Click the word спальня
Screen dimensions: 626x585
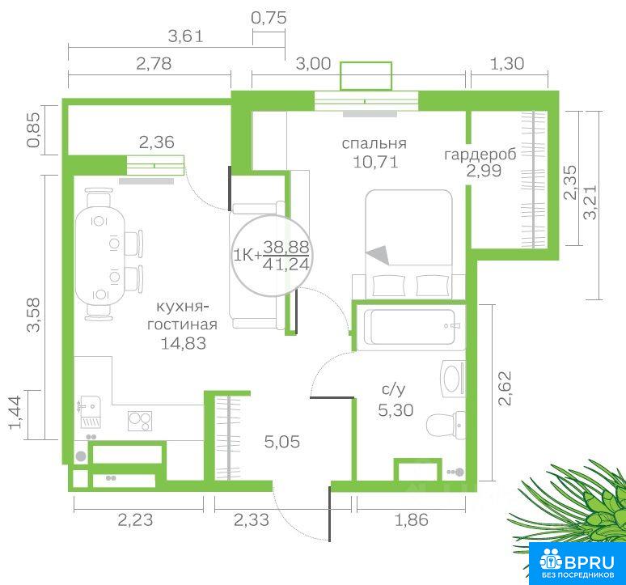point(374,144)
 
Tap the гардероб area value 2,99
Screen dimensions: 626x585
point(484,171)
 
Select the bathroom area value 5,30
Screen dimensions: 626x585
point(395,410)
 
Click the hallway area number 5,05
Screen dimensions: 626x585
point(281,442)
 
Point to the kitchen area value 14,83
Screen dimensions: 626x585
point(184,343)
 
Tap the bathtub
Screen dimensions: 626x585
point(411,327)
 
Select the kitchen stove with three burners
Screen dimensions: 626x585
point(140,421)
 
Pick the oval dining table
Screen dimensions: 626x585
point(99,256)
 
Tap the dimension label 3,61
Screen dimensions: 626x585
point(186,36)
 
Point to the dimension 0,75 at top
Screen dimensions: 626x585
point(269,18)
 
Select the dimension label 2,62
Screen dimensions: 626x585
point(505,388)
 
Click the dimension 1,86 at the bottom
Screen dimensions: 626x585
point(411,520)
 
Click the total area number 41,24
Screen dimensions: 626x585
point(286,265)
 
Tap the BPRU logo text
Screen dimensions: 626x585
point(589,562)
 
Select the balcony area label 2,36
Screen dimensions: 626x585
point(157,142)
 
